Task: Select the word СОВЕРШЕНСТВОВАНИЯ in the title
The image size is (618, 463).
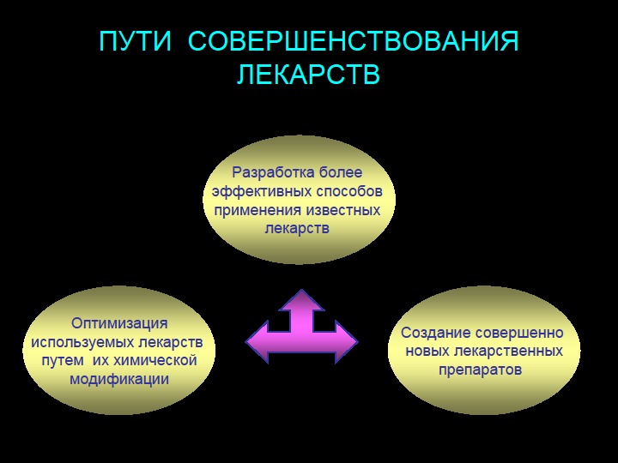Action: pos(353,43)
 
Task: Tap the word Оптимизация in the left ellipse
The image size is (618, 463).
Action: pos(119,323)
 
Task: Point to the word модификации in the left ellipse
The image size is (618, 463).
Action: pos(119,378)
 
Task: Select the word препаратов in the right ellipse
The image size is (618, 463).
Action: pos(480,370)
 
